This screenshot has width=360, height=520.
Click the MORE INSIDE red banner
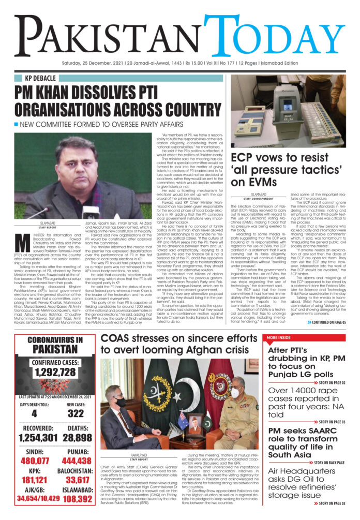coord(281,337)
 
